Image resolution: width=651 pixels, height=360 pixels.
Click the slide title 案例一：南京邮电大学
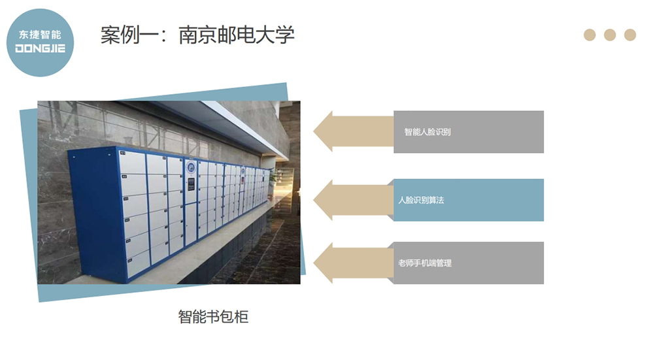tap(197, 35)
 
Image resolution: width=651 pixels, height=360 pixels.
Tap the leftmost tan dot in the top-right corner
tap(590, 35)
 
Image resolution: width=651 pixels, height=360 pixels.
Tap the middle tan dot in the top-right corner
tap(610, 35)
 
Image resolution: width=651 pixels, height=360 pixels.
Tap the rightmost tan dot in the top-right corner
tap(630, 35)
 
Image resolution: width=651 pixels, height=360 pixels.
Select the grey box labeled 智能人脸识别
tap(468, 132)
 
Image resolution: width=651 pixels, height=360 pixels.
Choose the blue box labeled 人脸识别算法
tap(468, 200)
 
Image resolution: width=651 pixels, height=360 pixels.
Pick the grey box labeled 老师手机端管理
tap(468, 263)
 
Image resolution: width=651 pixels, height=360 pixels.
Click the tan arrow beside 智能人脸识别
tap(353, 131)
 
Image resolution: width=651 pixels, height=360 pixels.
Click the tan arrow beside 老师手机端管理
tap(353, 263)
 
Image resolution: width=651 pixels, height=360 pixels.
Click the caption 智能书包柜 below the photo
tap(213, 318)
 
